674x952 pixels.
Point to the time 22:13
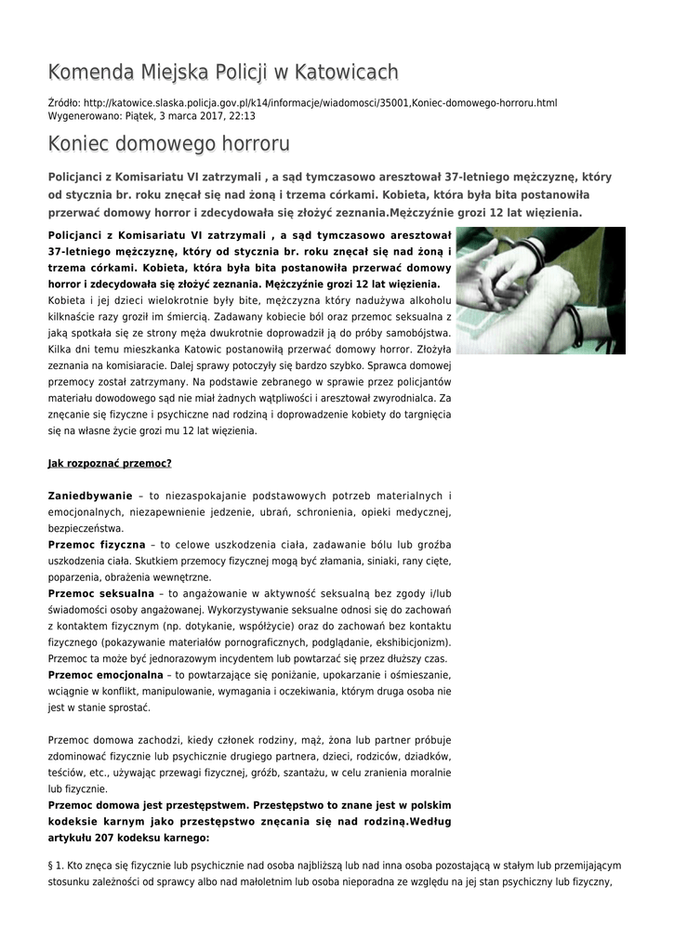pyautogui.click(x=242, y=116)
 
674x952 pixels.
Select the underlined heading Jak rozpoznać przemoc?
pyautogui.click(x=110, y=463)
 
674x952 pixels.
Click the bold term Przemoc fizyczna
pyautogui.click(x=96, y=543)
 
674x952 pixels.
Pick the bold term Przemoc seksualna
pyautogui.click(x=100, y=592)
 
